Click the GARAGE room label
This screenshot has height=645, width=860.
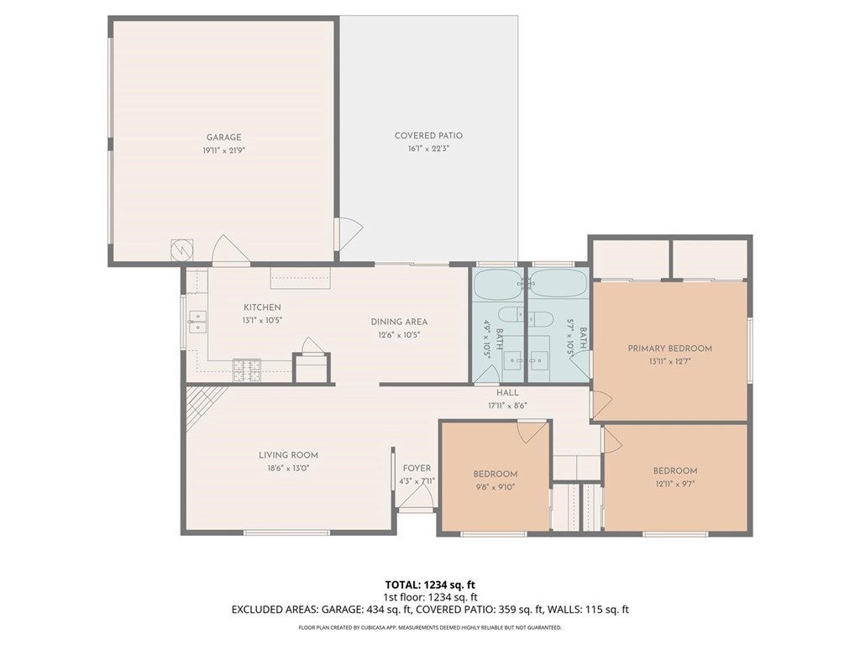coord(223,137)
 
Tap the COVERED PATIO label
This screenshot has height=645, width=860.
coord(428,135)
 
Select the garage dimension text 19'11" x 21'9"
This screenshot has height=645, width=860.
coord(223,150)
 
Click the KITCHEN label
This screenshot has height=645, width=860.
coord(262,307)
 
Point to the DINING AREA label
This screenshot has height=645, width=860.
coord(399,322)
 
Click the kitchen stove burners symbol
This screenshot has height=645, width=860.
coord(247,370)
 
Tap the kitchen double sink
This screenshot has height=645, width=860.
coord(197,322)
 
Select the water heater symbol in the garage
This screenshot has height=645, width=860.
coord(182,249)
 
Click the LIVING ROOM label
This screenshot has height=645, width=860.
coord(289,455)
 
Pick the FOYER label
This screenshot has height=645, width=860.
coord(417,469)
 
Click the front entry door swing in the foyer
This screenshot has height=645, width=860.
coord(416,496)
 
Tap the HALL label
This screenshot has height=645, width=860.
coord(507,393)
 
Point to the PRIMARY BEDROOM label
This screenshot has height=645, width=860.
coord(669,349)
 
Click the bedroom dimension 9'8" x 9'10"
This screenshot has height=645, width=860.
coord(495,487)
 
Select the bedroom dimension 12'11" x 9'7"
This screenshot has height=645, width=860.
coord(674,484)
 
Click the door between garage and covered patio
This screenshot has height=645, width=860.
coord(350,234)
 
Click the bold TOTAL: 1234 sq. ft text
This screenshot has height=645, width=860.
coord(429,585)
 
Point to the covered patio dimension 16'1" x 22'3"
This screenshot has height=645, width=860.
coord(428,149)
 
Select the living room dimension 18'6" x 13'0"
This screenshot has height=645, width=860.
coord(289,469)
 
